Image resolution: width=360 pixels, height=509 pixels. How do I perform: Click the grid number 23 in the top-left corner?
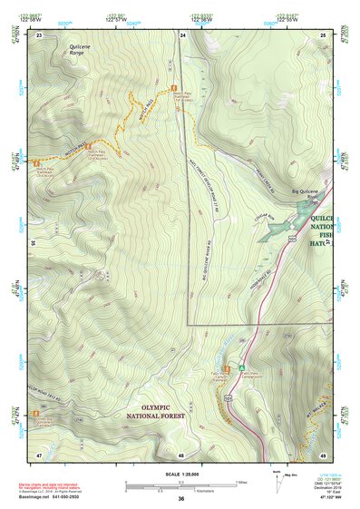point(40,34)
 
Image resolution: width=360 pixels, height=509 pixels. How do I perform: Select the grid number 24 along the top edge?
point(183,34)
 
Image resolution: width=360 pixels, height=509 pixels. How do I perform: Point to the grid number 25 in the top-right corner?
point(324,34)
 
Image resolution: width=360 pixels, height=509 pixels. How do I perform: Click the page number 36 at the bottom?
point(181,498)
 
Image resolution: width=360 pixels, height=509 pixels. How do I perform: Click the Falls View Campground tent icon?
point(242,366)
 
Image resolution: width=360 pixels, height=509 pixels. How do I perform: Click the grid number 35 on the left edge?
point(33,243)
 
